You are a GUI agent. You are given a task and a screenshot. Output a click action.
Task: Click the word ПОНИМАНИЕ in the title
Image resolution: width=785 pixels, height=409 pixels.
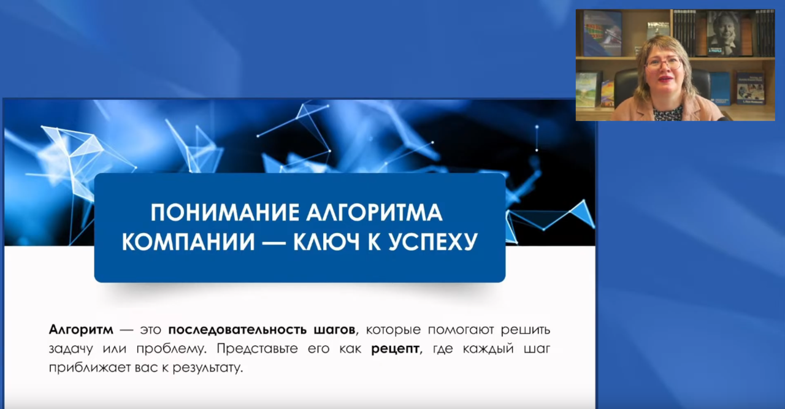[x=225, y=212]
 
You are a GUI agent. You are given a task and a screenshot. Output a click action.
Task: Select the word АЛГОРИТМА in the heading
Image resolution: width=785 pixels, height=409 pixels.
[x=374, y=212]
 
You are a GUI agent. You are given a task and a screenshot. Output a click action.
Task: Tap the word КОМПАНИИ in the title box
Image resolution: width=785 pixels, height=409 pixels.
[x=188, y=242]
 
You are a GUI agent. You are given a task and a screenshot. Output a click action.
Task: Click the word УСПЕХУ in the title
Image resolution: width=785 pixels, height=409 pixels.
[x=433, y=242]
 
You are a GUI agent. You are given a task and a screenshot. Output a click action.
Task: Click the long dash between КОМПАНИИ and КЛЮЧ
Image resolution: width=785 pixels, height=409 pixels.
[x=274, y=242]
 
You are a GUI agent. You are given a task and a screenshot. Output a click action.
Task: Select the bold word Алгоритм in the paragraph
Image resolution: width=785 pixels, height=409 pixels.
[x=81, y=330]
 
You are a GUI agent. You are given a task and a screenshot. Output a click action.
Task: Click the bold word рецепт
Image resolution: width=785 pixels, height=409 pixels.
[x=396, y=350]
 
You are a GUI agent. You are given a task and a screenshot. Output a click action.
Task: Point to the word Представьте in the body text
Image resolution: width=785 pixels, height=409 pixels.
[x=257, y=349]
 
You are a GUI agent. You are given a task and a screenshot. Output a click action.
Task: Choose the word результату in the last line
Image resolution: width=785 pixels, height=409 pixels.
[x=207, y=369]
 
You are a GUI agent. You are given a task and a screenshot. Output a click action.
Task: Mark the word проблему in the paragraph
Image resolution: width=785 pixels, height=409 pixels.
[x=170, y=350]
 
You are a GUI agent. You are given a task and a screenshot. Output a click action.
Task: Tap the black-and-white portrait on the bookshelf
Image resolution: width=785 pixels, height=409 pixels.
[x=723, y=33]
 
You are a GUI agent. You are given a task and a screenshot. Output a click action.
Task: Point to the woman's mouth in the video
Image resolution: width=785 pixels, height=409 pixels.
[x=663, y=80]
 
